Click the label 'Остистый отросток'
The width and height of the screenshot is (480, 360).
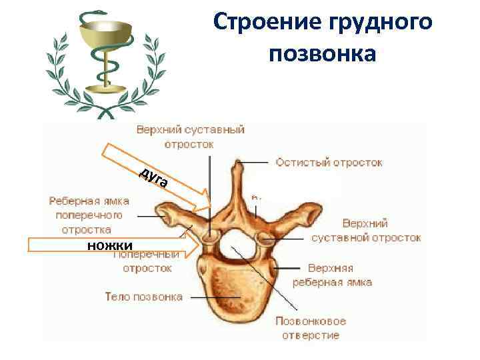[x=329, y=163]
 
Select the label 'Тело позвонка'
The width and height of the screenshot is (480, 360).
[x=143, y=297]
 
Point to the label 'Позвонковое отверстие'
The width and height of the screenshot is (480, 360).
[x=311, y=328]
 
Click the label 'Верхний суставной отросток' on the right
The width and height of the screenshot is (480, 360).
[x=366, y=230]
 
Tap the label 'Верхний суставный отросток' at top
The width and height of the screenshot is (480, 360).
[x=191, y=136]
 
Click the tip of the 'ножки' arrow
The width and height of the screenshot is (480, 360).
[x=199, y=246]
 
